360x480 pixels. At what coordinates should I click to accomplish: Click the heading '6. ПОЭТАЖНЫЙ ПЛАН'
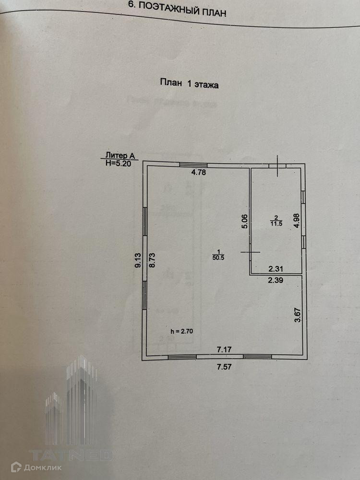(177, 8)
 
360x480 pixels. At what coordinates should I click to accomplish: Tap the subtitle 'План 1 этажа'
(189, 83)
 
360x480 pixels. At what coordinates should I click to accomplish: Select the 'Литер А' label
(120, 155)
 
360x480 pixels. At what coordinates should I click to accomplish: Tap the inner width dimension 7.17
(224, 350)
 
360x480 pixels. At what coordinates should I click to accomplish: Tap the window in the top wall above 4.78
(193, 165)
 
